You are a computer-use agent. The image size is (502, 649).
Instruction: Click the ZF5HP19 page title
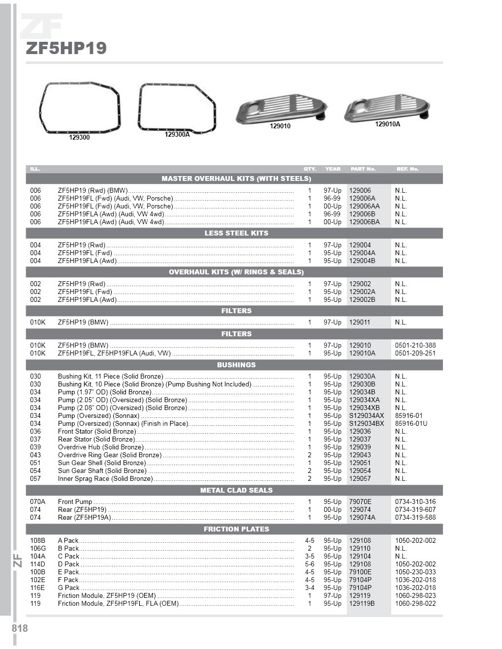click(66, 48)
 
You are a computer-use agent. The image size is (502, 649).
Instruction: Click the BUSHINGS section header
click(236, 365)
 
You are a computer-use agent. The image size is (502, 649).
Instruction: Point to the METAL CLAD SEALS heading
click(236, 490)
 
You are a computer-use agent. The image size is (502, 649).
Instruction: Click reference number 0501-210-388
click(415, 345)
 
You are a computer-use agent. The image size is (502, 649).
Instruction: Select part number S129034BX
click(367, 423)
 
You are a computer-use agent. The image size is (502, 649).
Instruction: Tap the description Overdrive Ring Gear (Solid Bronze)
click(109, 455)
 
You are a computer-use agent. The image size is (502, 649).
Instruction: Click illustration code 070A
click(37, 501)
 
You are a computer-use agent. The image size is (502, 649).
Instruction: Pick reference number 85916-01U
click(411, 423)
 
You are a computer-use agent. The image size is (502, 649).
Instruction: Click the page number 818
click(20, 628)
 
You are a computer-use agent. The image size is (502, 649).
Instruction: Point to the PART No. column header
click(363, 169)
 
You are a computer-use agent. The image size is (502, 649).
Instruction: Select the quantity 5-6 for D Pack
click(310, 564)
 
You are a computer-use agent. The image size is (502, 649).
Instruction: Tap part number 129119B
click(362, 603)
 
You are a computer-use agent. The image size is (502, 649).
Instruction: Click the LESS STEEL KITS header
click(236, 233)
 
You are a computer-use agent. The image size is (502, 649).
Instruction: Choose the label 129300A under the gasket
click(177, 134)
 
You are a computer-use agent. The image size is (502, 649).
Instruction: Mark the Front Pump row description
click(75, 501)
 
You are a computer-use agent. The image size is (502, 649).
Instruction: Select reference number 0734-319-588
click(415, 517)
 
